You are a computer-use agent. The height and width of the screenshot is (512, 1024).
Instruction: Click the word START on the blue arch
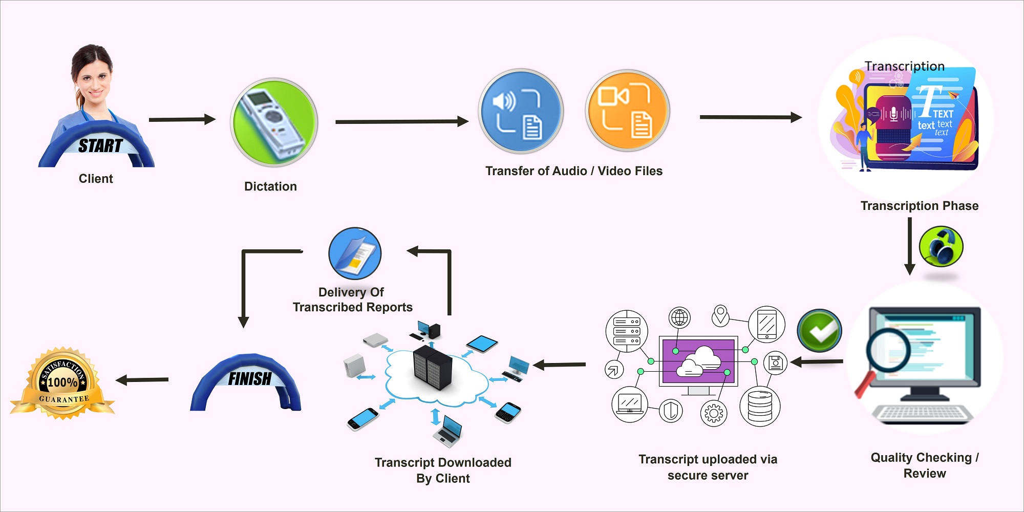coord(100,146)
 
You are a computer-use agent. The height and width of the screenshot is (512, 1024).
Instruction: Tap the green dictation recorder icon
coord(274,122)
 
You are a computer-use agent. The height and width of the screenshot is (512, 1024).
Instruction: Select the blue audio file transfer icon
coord(521,112)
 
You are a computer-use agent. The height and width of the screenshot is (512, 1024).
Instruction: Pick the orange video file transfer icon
coord(628,111)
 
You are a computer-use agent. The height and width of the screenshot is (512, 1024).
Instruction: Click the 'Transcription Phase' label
coord(919,206)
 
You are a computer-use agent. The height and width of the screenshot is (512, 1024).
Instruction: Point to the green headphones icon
coord(941,246)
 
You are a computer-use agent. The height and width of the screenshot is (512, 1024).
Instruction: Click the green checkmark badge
coord(819,330)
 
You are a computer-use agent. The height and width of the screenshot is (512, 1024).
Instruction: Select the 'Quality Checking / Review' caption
coord(925,465)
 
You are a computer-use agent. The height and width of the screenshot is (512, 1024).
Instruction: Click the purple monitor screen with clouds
coord(699,361)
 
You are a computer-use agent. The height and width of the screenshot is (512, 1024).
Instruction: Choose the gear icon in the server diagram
coord(713,413)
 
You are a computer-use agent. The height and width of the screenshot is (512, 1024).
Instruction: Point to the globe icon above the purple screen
coord(679,317)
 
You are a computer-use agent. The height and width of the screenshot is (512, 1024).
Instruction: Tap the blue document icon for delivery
coord(355,253)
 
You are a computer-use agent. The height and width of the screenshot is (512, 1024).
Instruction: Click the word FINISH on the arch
coord(249,379)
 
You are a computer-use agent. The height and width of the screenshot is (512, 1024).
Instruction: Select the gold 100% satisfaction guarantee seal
coord(63,383)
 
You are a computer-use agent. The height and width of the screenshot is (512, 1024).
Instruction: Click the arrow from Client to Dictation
coord(182,119)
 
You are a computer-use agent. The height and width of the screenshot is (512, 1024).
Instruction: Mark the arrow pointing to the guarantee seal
coord(142,380)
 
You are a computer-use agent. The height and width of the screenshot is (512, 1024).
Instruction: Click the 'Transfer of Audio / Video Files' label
coord(573,171)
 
